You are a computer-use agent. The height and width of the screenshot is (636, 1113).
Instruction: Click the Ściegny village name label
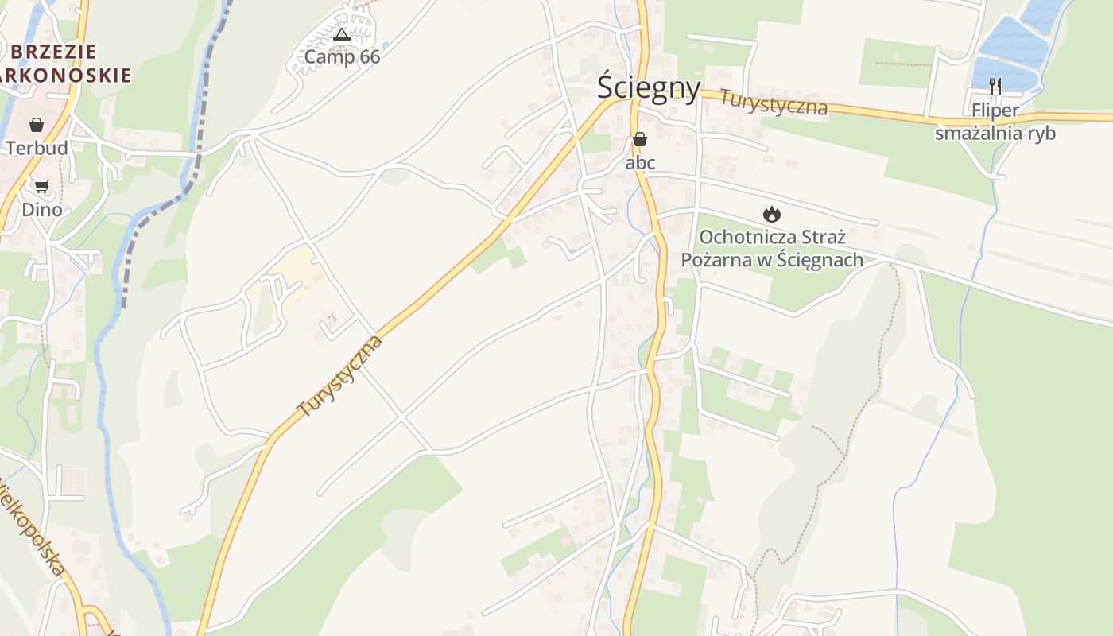tap(649, 87)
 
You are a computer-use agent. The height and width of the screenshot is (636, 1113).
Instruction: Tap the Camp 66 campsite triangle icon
tap(342, 34)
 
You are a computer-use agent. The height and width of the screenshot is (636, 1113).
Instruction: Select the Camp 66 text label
tap(342, 57)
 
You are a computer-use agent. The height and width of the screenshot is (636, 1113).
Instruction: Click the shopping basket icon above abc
tap(640, 140)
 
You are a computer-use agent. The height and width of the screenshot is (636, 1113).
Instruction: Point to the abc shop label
tap(640, 163)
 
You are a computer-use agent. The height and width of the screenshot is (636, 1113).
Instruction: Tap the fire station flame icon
tap(771, 214)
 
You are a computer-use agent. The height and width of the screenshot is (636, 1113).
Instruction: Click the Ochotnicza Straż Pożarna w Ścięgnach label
tap(772, 248)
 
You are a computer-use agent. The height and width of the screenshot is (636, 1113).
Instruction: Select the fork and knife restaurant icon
tap(995, 86)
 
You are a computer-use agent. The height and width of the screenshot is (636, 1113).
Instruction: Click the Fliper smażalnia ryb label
tap(995, 122)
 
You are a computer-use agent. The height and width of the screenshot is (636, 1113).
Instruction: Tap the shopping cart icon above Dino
tap(41, 186)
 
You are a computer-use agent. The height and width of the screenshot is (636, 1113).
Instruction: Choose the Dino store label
tap(41, 210)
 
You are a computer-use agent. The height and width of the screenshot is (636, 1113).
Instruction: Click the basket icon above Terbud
tap(37, 125)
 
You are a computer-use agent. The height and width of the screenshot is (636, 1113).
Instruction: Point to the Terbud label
tap(37, 148)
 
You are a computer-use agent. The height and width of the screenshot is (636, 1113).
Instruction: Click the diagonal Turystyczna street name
tap(339, 377)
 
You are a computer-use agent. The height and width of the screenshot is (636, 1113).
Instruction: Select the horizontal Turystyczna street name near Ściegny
tap(774, 103)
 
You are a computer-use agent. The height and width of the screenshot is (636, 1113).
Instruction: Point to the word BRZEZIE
tap(54, 52)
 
